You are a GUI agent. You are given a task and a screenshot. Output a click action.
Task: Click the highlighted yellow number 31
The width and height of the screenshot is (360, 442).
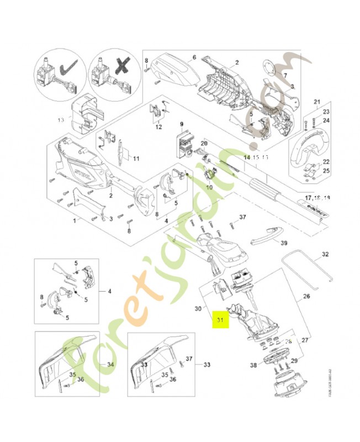coord(220,320)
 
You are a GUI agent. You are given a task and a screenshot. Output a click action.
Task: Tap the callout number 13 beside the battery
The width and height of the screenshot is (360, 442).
coord(61,119)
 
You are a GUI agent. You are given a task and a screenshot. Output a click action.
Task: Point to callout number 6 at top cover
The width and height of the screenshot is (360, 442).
coord(195,57)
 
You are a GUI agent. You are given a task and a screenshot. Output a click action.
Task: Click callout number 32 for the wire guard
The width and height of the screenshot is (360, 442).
coord(325,255)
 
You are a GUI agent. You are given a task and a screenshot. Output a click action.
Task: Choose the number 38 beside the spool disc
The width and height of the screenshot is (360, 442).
coord(253,365)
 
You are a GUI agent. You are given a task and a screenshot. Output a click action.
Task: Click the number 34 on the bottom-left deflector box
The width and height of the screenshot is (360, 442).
coord(110,365)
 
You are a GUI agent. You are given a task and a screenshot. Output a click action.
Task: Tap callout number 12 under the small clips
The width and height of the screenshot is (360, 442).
coord(158,127)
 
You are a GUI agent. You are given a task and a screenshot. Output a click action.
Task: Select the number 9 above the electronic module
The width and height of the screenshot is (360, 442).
coord(181,124)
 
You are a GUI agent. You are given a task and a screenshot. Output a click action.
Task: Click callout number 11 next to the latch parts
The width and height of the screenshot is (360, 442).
coord(136,159)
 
